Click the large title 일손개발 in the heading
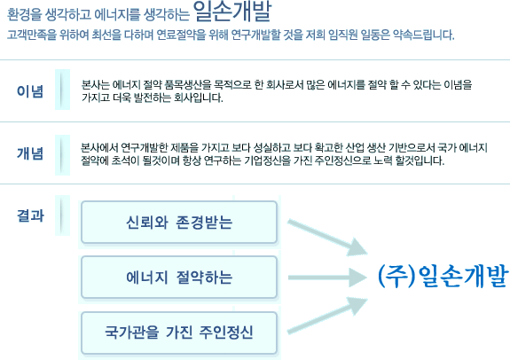[x=232, y=12]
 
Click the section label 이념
[x=30, y=91]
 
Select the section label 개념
[x=30, y=153]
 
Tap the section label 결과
[x=30, y=215]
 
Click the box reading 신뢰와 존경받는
[x=179, y=222]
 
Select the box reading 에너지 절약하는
[x=179, y=277]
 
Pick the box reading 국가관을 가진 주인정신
[x=179, y=333]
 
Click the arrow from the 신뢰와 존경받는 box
[x=327, y=238]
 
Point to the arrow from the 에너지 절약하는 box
[x=327, y=278]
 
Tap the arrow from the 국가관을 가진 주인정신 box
[x=327, y=315]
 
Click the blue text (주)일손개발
[x=443, y=276]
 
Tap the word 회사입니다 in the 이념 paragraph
[x=199, y=98]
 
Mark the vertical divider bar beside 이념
[x=62, y=90]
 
